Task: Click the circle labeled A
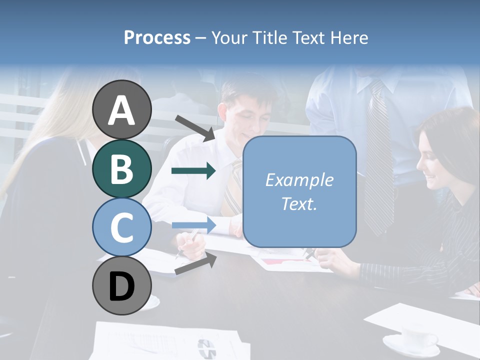[122, 110]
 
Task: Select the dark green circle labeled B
[122, 168]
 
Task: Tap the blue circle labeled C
[122, 227]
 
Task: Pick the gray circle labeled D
[122, 286]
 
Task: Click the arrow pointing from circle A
[195, 127]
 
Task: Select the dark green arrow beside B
[193, 171]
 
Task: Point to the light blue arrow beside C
[193, 225]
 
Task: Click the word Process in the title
[157, 37]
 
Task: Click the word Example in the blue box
[299, 180]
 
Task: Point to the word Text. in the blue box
[299, 203]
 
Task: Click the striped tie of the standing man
[377, 160]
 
